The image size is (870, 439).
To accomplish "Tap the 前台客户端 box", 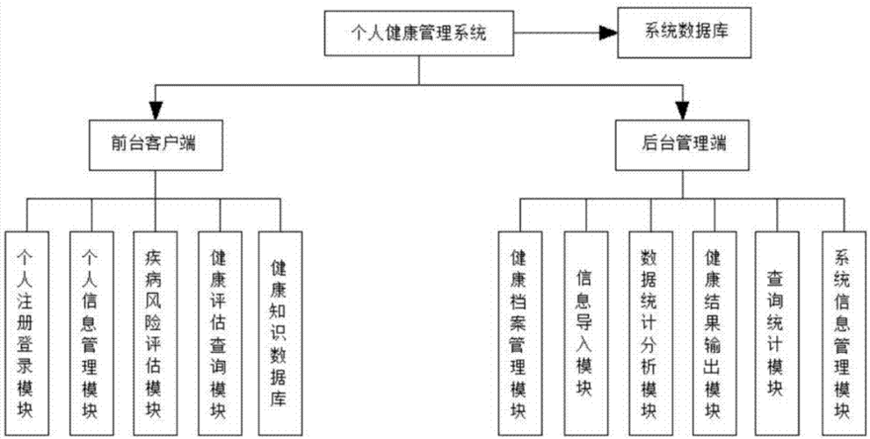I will pos(156,143).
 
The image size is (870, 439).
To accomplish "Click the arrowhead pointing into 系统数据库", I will pos(605,32).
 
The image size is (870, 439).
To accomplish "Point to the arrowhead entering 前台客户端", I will pos(156,111).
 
